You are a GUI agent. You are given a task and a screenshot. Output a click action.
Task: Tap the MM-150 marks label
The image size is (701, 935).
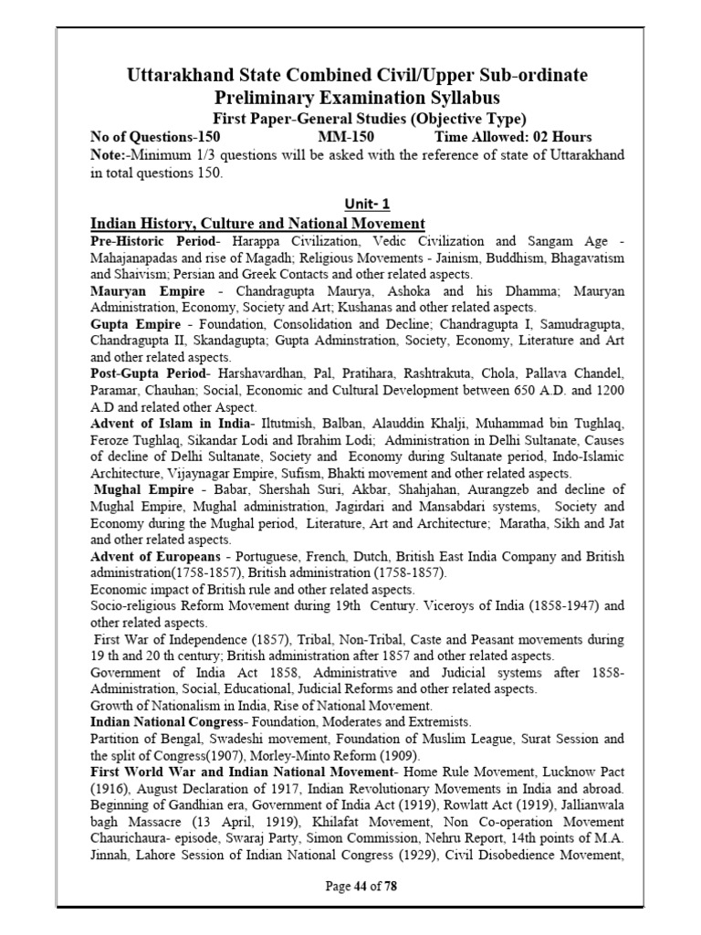pos(334,137)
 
